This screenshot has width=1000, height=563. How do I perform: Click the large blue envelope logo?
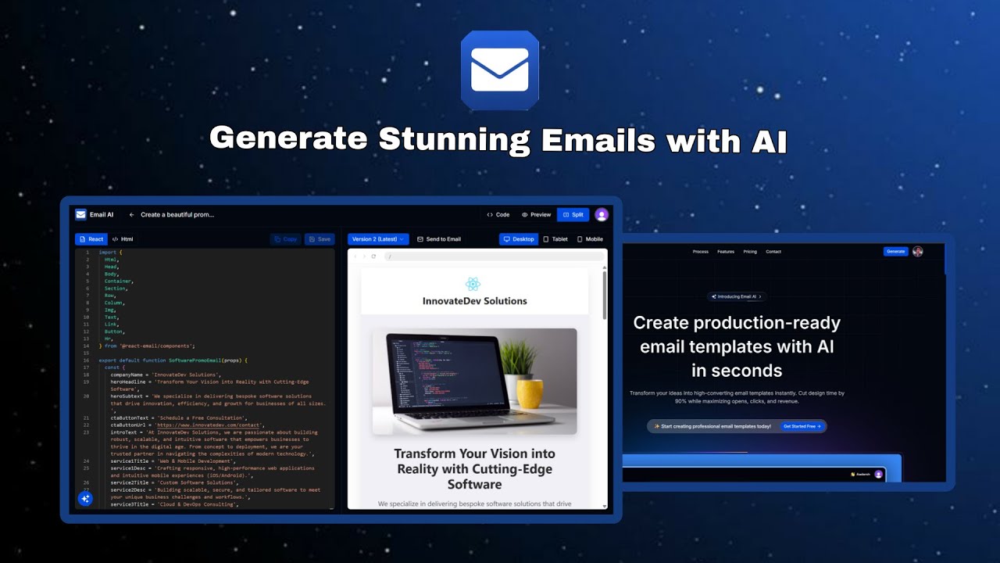point(500,70)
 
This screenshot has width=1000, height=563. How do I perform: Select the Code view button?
point(498,214)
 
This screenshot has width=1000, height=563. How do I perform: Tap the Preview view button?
point(537,214)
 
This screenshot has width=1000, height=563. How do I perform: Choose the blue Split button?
point(573,214)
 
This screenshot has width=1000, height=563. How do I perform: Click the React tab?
point(91,239)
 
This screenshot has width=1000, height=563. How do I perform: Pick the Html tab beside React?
point(123,239)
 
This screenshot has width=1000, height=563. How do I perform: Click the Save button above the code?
point(320,239)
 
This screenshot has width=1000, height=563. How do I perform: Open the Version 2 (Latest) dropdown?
point(378,239)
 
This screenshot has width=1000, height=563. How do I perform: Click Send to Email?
point(439,239)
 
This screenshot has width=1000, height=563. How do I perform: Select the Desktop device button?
point(519,239)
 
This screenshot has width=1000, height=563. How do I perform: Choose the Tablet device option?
point(555,239)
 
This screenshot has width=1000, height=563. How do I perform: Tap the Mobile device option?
point(590,239)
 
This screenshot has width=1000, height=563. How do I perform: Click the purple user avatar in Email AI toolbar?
point(601,214)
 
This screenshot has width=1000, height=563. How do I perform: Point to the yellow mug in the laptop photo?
point(530,393)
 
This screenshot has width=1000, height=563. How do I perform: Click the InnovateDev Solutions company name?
point(474,301)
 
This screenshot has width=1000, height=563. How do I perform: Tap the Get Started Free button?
point(802,426)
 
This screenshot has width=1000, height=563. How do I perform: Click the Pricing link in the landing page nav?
point(750,252)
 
